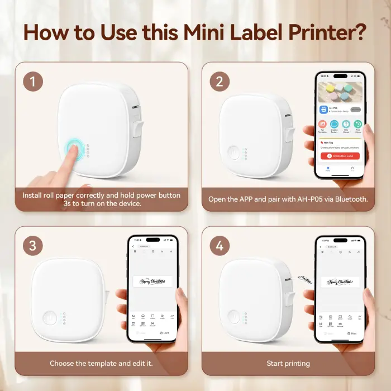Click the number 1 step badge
[x=33, y=82]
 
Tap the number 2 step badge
[x=220, y=82]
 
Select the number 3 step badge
[x=33, y=246]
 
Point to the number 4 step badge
[x=220, y=246]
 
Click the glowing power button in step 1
[x=73, y=149]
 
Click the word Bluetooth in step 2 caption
[x=348, y=199]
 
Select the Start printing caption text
[x=288, y=363]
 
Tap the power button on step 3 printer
[x=51, y=318]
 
